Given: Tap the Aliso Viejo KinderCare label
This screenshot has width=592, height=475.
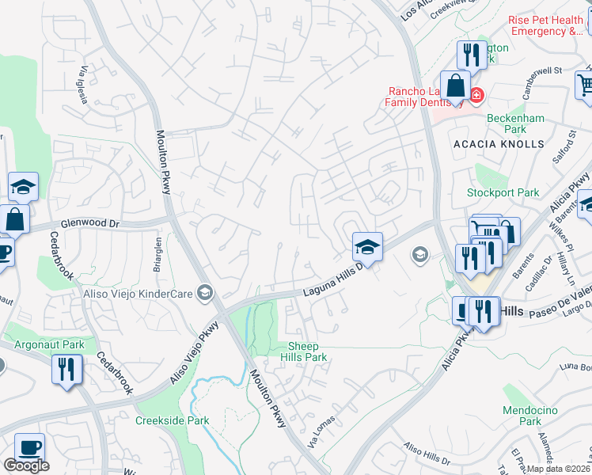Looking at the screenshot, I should point(139,294).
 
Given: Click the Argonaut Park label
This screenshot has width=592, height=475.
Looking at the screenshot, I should point(49,345).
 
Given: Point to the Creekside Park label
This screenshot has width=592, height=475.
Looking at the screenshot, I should point(172,420).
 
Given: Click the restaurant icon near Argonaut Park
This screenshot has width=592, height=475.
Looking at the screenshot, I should point(66,369).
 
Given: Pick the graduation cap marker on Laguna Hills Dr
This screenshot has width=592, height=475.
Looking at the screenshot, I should point(367,247).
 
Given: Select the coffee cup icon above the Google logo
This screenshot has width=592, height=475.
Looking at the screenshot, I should point(30,447).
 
